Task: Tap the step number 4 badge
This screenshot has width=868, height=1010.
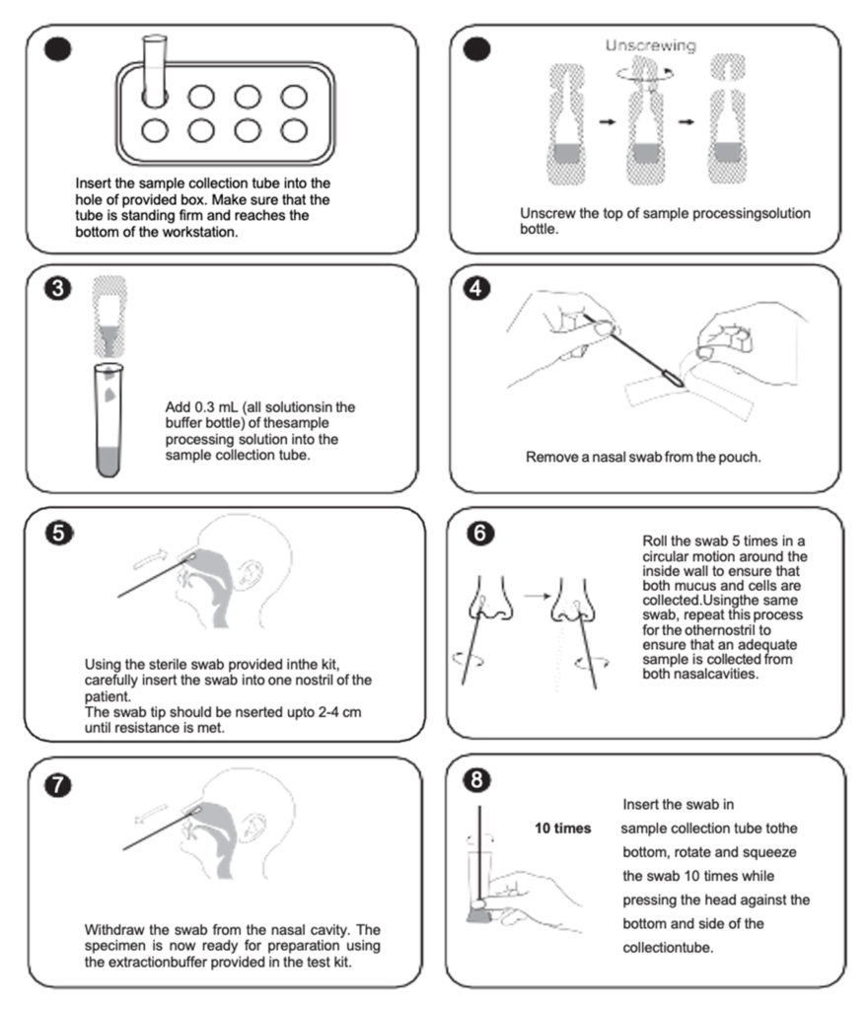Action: coord(478,290)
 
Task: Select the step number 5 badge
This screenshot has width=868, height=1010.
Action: coord(58,534)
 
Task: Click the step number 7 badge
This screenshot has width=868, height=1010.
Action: coord(58,784)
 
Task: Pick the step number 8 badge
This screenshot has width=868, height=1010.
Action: coord(477,780)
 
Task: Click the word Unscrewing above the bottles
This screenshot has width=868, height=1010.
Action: coord(650,45)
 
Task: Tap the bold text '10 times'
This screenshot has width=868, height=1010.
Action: coord(562,828)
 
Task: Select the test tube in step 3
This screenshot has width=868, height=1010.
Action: coord(110,419)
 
